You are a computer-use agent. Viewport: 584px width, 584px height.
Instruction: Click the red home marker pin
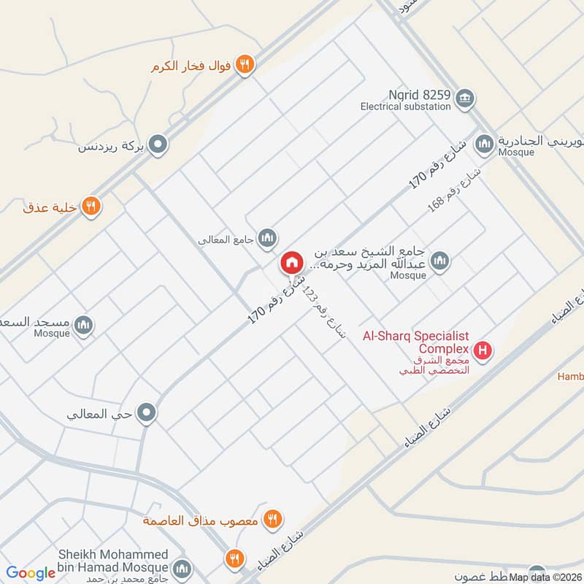coord(291,263)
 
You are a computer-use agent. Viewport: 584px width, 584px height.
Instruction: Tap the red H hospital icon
coord(482,352)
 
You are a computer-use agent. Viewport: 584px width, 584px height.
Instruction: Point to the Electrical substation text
coord(405,107)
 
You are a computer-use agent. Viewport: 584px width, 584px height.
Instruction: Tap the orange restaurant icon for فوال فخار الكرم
coord(245,64)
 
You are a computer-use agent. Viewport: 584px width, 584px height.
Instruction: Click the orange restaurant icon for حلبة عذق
coord(91,206)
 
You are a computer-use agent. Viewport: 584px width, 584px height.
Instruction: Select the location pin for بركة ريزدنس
coord(157,146)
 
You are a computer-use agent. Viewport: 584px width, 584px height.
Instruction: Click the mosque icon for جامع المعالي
coord(268,238)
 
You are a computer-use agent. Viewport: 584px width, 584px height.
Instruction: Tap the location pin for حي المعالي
coord(147,414)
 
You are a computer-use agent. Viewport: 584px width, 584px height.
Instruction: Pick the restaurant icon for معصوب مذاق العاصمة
coord(272,520)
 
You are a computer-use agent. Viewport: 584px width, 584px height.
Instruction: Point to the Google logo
coord(31,573)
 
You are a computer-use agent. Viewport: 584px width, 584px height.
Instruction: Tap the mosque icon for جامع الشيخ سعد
coord(439,261)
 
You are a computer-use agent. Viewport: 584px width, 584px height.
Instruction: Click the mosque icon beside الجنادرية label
coord(483,144)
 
